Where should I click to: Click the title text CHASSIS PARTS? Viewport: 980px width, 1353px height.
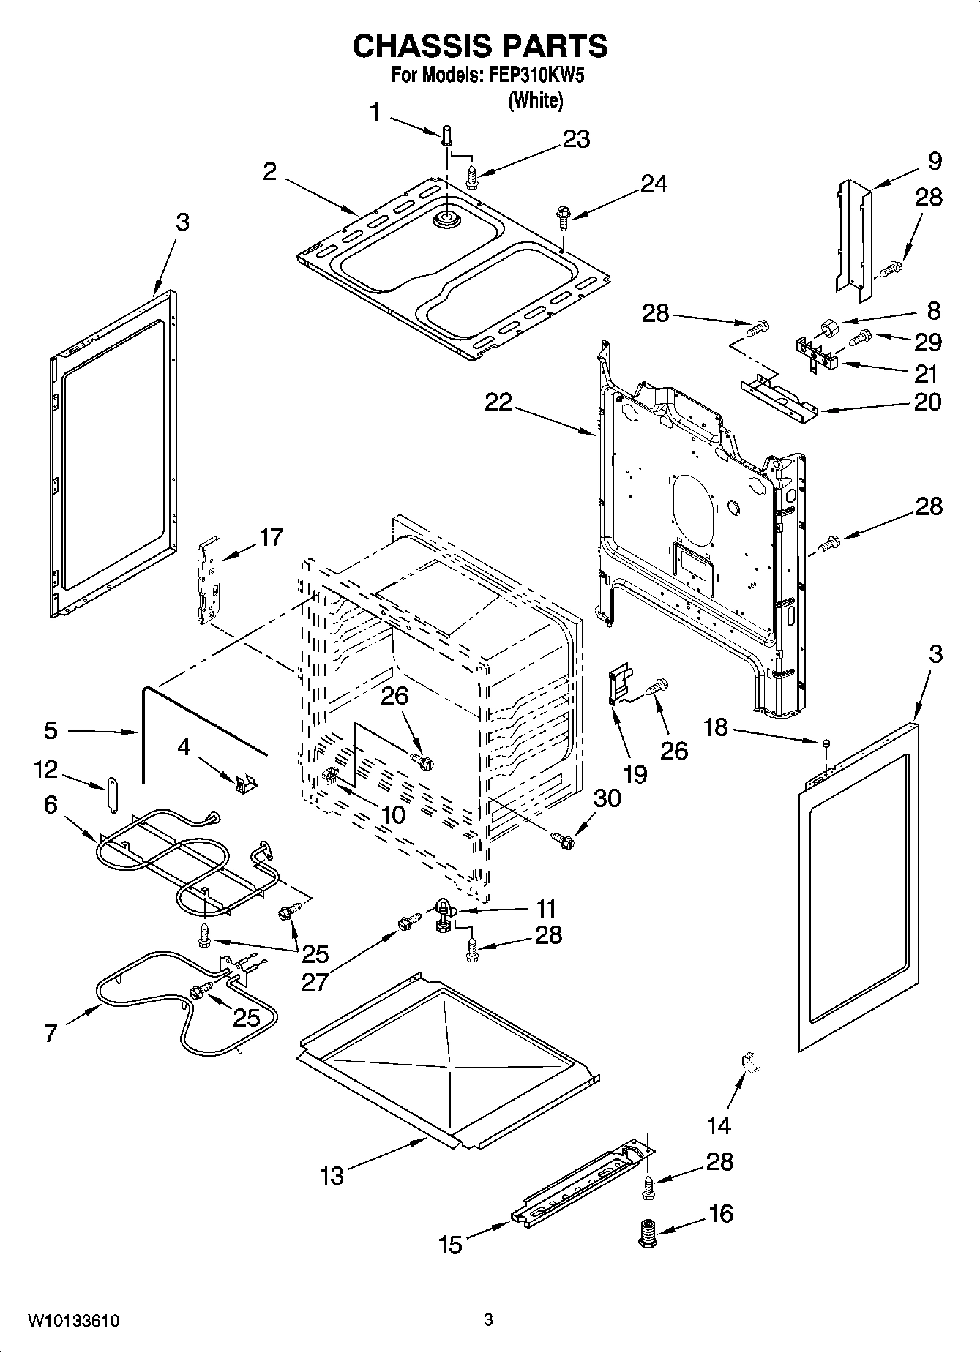(480, 46)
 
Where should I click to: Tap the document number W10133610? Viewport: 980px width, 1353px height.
(74, 1321)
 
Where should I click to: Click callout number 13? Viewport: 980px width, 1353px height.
(332, 1176)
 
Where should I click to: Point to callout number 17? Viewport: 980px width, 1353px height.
(271, 538)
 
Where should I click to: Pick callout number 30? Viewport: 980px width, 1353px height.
(607, 798)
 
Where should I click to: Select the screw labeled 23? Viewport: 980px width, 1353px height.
(472, 175)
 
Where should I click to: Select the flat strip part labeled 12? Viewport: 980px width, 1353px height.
(113, 795)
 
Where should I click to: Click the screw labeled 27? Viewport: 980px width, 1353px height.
(408, 923)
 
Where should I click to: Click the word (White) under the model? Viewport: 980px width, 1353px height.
(536, 100)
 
